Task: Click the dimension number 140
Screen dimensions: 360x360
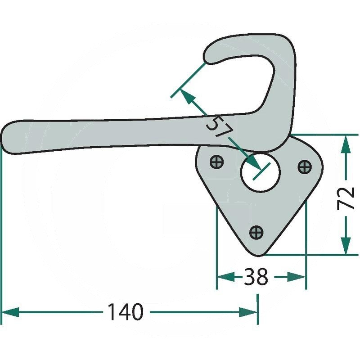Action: click(x=126, y=312)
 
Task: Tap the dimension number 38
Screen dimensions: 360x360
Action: click(x=256, y=277)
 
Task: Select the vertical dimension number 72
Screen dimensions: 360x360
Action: click(x=346, y=198)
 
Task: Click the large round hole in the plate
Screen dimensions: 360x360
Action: click(x=260, y=172)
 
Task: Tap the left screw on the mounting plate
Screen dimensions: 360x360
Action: click(x=217, y=162)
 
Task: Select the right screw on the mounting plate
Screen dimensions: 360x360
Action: click(x=305, y=166)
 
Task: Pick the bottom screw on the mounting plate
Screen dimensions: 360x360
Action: click(x=256, y=232)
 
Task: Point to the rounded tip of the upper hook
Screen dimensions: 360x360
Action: click(x=206, y=55)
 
